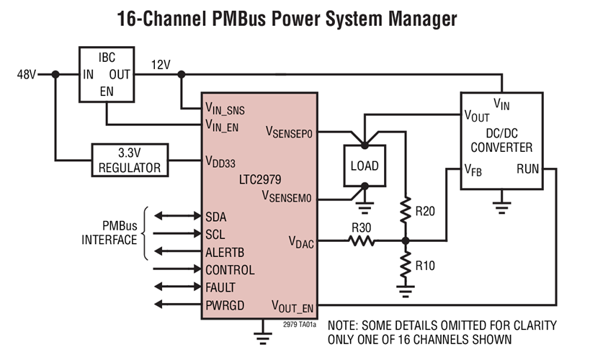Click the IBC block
click(x=107, y=74)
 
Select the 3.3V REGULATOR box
click(x=130, y=161)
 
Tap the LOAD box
click(x=365, y=166)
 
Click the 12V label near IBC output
click(x=161, y=66)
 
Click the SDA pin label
click(x=217, y=217)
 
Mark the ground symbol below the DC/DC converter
click(x=502, y=207)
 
